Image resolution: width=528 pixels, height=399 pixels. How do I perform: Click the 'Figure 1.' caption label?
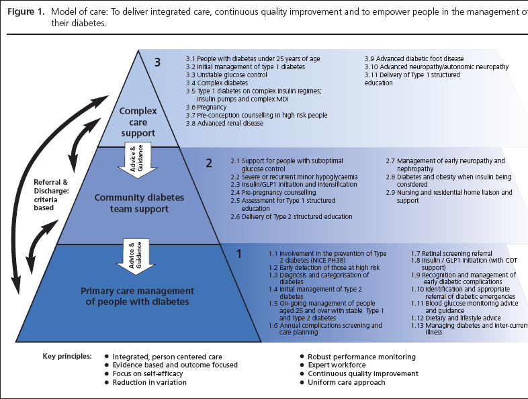(22, 11)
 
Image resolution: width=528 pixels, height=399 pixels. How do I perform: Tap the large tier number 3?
(158, 62)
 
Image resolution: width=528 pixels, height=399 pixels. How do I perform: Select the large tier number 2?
(208, 162)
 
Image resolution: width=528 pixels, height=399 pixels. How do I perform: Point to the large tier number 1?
(238, 254)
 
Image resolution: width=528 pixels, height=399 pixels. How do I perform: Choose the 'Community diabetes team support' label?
(138, 203)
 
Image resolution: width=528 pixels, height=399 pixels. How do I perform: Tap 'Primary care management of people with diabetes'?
(138, 296)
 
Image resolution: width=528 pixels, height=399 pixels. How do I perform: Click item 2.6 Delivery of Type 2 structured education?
(291, 216)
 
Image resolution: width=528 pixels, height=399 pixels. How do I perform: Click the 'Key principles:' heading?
(67, 356)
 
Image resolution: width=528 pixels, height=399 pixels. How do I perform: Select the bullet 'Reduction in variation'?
(150, 382)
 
